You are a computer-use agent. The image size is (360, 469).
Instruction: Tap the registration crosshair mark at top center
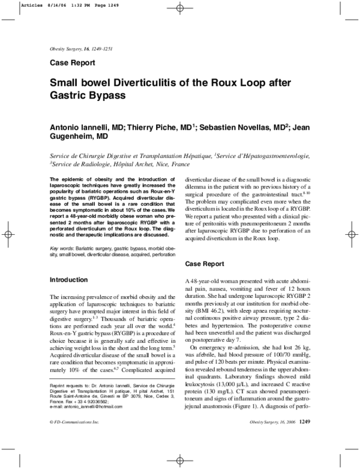click(x=181, y=10)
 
